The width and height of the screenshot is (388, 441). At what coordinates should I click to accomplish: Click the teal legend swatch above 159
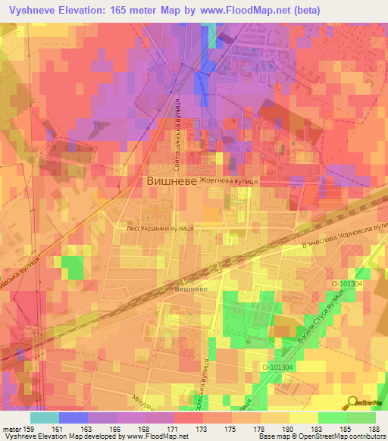point(45,418)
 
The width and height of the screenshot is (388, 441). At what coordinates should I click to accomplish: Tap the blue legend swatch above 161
point(74,418)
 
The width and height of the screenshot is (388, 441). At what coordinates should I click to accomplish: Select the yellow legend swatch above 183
point(304,418)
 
